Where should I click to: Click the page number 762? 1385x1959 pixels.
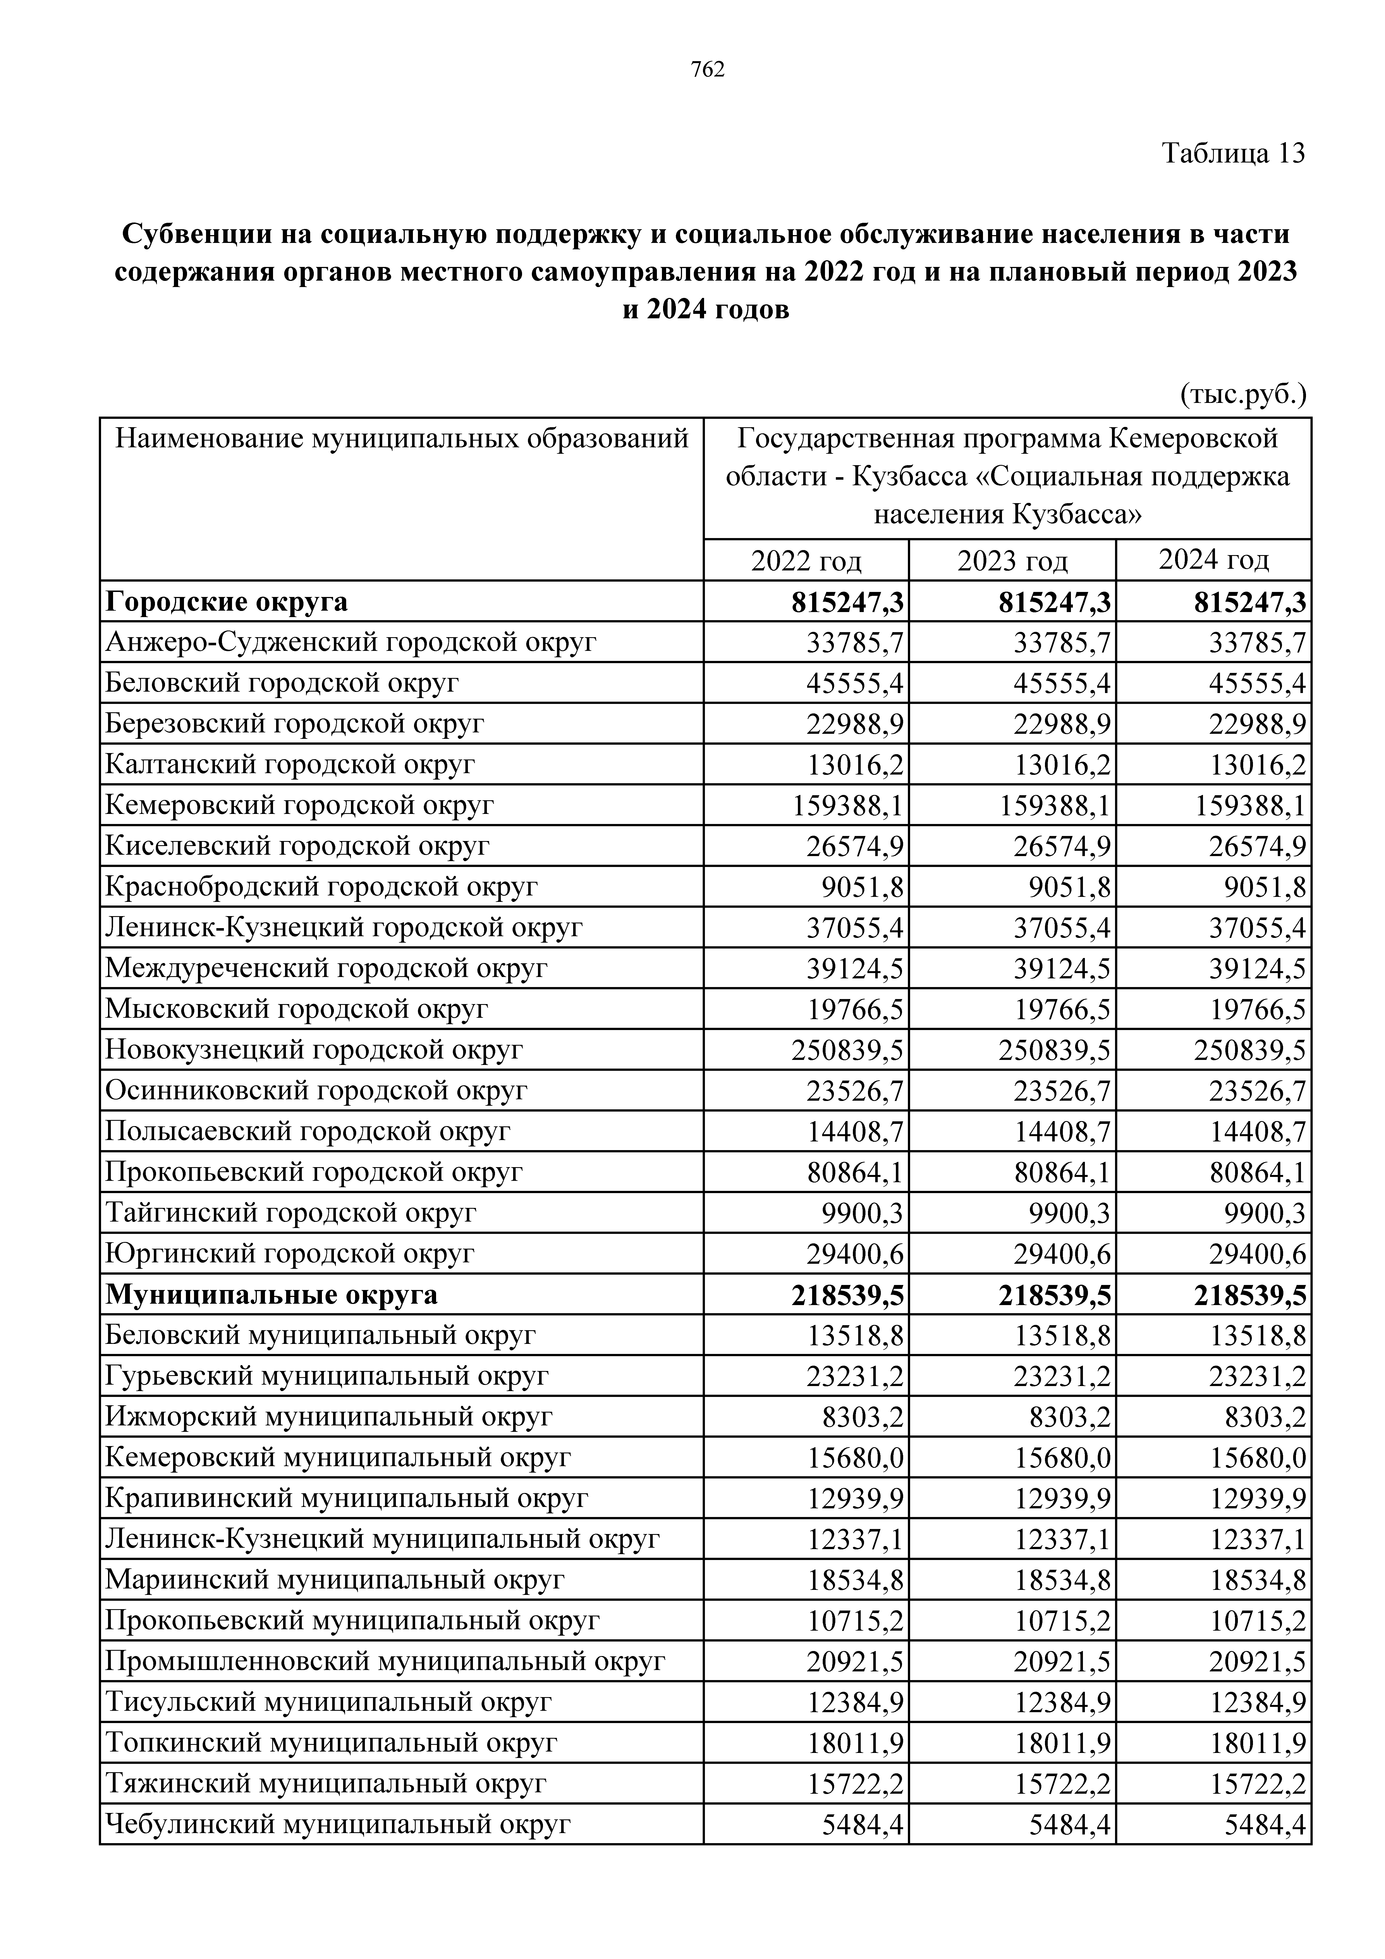(x=707, y=70)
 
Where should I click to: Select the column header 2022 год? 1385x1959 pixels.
(x=807, y=561)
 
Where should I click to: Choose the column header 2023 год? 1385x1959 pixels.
(x=1013, y=561)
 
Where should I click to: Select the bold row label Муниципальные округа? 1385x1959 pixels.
(x=271, y=1294)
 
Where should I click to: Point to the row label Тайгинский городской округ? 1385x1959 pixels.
(x=290, y=1212)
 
